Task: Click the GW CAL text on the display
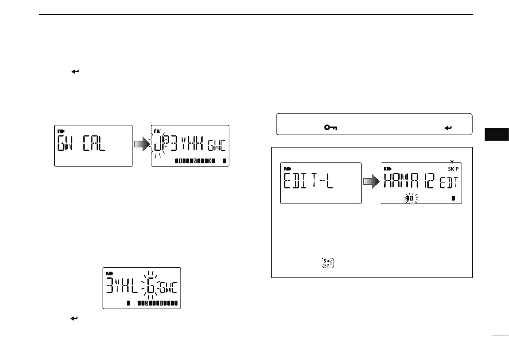[x=82, y=146]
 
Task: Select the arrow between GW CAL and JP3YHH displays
[x=141, y=145]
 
